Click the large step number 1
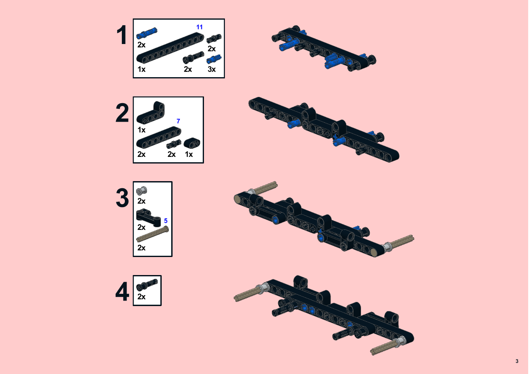(x=122, y=35)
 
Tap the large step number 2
(x=122, y=113)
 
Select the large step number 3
(x=122, y=197)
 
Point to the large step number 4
(x=122, y=291)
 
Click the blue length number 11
(x=199, y=27)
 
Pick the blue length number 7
(x=178, y=121)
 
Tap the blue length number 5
(x=166, y=221)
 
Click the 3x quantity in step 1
(x=212, y=69)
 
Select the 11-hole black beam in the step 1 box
(x=170, y=48)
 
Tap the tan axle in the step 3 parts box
(x=152, y=234)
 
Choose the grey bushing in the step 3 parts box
(x=142, y=190)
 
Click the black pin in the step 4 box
(x=147, y=285)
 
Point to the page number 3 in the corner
(x=517, y=361)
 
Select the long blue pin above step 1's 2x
(x=147, y=33)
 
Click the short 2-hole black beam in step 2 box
(x=192, y=143)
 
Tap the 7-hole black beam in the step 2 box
(x=159, y=138)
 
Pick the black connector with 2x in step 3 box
(x=148, y=217)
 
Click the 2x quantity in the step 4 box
(x=142, y=297)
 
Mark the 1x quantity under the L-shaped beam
(x=142, y=130)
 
